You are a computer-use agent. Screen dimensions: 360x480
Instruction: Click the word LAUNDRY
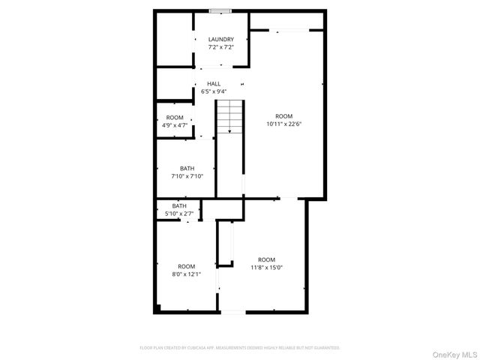click(x=220, y=40)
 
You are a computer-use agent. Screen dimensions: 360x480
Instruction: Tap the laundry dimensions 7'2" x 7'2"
click(x=220, y=47)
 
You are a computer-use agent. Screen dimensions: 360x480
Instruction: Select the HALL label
click(x=214, y=84)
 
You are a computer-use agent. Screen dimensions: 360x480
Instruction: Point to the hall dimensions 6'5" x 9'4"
click(x=214, y=91)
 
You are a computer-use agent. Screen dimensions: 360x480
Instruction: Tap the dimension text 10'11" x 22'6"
click(x=283, y=124)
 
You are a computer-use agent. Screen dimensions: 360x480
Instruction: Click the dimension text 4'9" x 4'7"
click(x=175, y=125)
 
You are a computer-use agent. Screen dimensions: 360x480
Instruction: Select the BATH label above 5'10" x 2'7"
click(x=179, y=206)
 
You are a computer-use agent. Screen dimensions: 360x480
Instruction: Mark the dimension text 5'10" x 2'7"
click(x=179, y=214)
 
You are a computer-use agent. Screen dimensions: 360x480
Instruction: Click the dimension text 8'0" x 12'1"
click(x=186, y=274)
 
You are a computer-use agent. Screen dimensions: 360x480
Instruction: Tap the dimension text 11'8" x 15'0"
click(x=266, y=267)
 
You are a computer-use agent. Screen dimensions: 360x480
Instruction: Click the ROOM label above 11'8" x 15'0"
click(x=266, y=259)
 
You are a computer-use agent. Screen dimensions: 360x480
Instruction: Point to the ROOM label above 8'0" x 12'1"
click(x=186, y=267)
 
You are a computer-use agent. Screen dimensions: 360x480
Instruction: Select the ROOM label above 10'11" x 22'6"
click(x=283, y=116)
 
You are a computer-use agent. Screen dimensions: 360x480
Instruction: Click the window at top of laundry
click(x=220, y=10)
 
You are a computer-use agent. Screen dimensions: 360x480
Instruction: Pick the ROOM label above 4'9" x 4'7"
click(x=175, y=118)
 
